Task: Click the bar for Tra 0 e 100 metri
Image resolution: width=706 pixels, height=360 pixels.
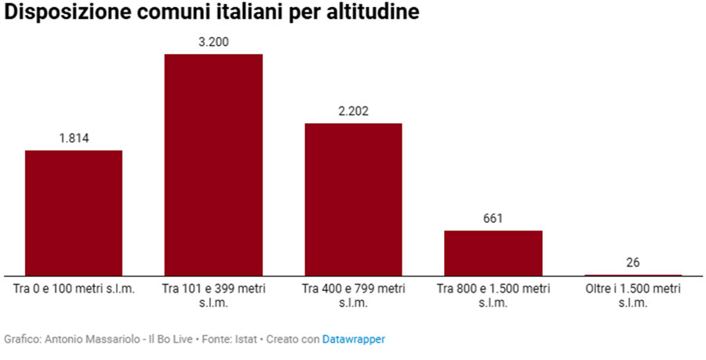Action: [x=74, y=213]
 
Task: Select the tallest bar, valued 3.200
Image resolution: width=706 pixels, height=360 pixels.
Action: [x=213, y=165]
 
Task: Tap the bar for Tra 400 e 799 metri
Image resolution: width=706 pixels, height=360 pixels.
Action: [x=353, y=199]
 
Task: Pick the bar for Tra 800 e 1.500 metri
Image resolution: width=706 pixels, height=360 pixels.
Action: [x=493, y=253]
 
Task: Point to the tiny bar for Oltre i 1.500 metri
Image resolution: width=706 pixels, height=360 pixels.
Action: [x=633, y=275]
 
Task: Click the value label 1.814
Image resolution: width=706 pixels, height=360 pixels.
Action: [x=74, y=139]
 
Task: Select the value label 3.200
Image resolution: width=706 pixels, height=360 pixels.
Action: [x=213, y=42]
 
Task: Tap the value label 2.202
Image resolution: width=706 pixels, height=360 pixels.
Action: [x=353, y=111]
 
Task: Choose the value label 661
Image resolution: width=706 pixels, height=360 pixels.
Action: [x=493, y=219]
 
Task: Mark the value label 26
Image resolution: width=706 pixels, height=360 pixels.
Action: [x=633, y=262]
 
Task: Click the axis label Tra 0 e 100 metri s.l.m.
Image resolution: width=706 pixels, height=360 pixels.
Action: [x=75, y=289]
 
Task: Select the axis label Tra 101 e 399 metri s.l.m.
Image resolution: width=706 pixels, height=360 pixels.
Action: [x=213, y=296]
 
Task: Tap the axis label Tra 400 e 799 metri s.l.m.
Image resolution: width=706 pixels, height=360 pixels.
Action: [x=353, y=296]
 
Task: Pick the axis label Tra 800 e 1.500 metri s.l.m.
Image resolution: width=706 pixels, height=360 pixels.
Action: [x=493, y=296]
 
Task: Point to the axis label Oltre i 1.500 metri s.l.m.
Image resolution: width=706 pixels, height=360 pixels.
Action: [x=633, y=296]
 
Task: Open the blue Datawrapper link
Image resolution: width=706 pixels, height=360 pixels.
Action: [x=354, y=340]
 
